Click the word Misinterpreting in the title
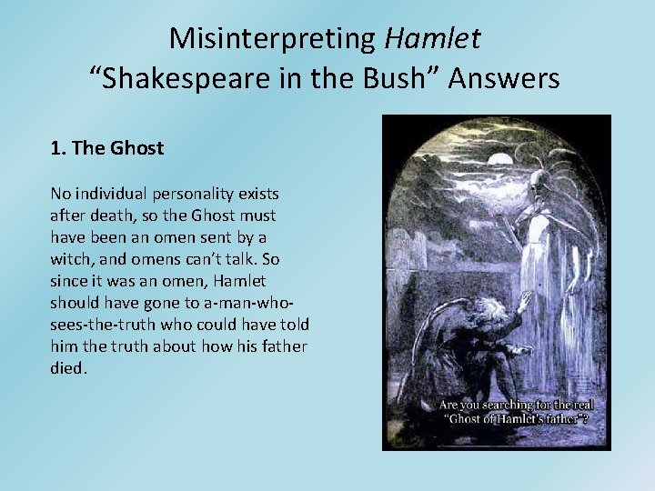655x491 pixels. pyautogui.click(x=274, y=38)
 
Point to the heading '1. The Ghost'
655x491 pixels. pyautogui.click(x=107, y=147)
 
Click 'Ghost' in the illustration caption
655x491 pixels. pyautogui.click(x=488, y=419)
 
